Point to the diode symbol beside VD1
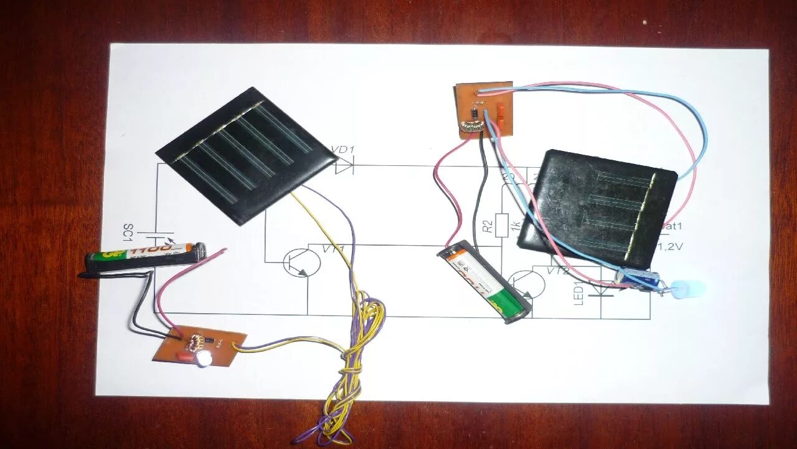tap(344, 166)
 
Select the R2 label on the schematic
tap(488, 223)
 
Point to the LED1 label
tap(577, 294)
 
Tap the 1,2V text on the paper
tap(671, 246)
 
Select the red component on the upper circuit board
tap(498, 112)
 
